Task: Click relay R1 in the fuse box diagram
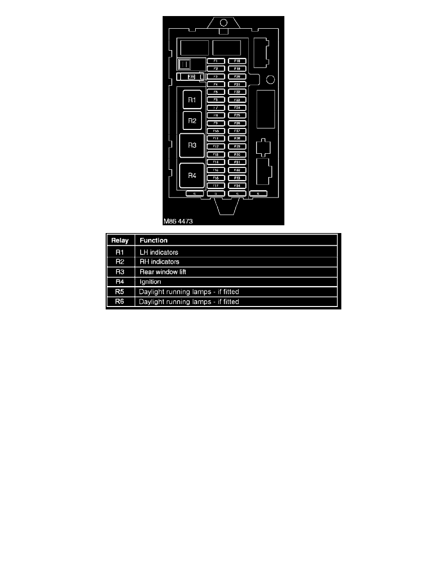click(192, 100)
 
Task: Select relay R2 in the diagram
click(192, 121)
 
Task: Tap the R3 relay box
click(192, 145)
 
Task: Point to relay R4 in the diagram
click(192, 176)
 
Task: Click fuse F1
click(216, 61)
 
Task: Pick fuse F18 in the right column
click(237, 61)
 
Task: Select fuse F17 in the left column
click(216, 185)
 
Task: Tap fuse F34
click(237, 185)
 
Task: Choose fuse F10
click(216, 131)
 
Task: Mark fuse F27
click(237, 131)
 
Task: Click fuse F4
click(216, 84)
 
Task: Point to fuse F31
click(237, 162)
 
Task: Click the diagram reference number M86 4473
click(179, 221)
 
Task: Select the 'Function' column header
click(153, 240)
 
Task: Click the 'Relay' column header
click(120, 240)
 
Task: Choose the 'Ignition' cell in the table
click(150, 282)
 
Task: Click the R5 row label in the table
click(120, 292)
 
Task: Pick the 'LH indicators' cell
click(159, 252)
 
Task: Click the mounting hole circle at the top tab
click(223, 22)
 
